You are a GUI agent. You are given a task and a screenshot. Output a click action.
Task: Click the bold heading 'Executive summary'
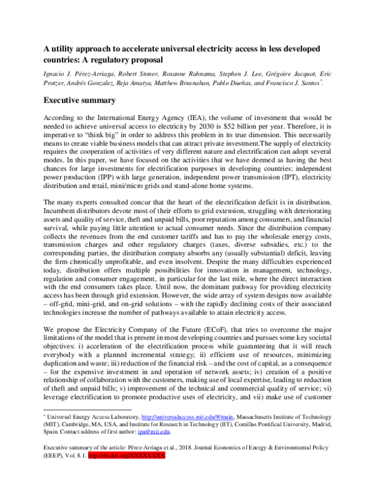click(x=79, y=100)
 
